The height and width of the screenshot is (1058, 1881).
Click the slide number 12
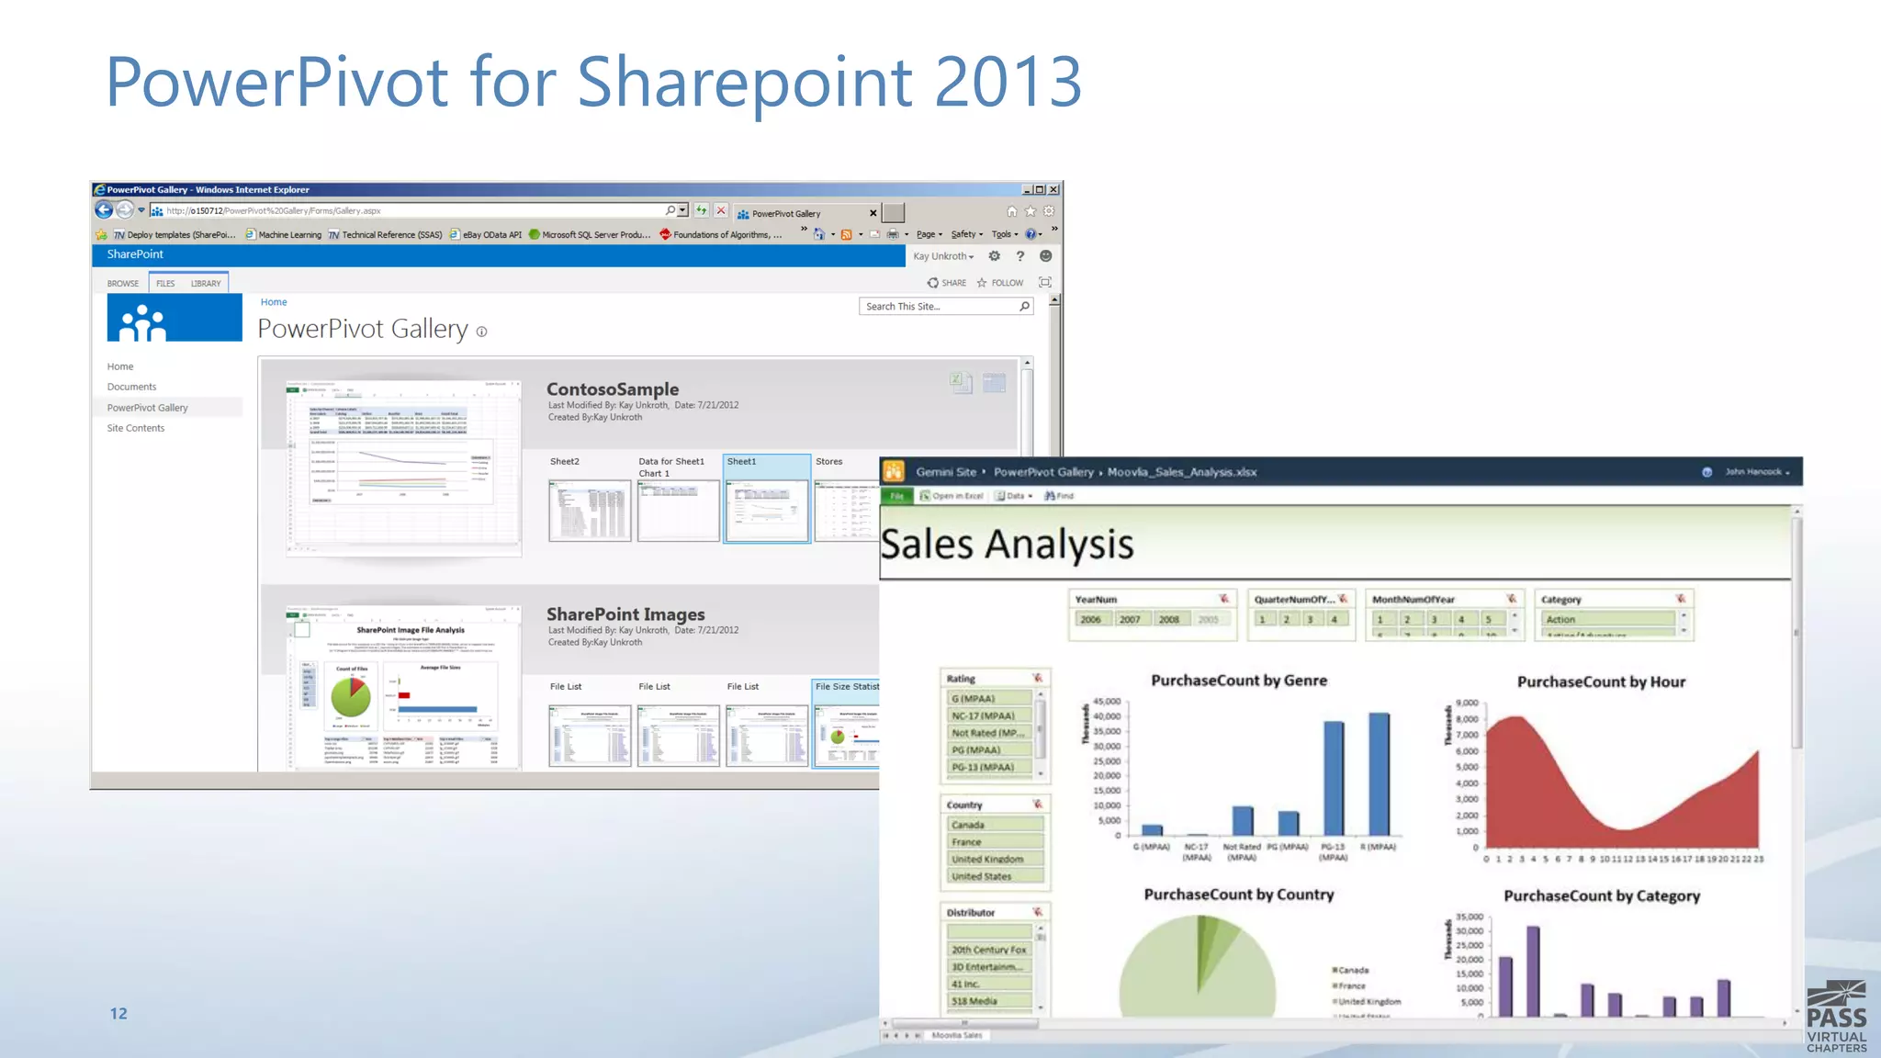tap(118, 1013)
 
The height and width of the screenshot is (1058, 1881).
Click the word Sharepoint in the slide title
tap(745, 83)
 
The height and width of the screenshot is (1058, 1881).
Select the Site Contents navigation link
tap(136, 428)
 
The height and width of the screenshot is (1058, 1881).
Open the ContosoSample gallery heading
tap(613, 389)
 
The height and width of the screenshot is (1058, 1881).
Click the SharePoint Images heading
tap(625, 614)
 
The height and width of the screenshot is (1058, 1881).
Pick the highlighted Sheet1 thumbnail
tap(767, 510)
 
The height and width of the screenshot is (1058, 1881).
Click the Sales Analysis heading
tap(1007, 545)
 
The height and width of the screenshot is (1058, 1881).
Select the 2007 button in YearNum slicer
tap(1130, 620)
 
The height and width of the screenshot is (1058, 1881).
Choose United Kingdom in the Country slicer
tap(987, 860)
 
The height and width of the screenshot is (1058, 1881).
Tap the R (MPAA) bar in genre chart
tap(1379, 773)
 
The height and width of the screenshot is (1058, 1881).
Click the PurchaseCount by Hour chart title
tap(1601, 681)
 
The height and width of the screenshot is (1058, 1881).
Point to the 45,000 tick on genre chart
tap(1107, 702)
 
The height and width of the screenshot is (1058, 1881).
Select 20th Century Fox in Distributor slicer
tap(988, 950)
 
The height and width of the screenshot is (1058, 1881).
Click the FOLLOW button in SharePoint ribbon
tap(1000, 283)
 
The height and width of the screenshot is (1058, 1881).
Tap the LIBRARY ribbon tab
tap(206, 284)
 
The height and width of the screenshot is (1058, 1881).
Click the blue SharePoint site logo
tap(175, 318)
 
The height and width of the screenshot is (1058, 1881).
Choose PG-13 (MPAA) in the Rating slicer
tap(983, 767)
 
